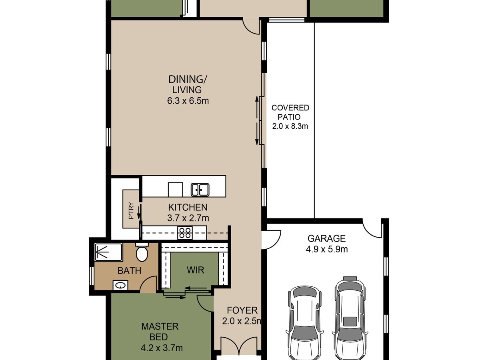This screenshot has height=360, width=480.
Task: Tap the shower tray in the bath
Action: pos(108,252)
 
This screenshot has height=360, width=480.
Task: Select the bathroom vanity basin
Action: pos(120,285)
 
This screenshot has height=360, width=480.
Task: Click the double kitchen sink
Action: pos(200,190)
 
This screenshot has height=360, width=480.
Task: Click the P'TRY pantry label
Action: pos(131,210)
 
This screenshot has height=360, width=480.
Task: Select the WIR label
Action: pos(195,270)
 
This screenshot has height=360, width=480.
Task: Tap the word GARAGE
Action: pos(326,238)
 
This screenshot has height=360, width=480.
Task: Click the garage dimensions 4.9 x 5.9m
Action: pos(326,249)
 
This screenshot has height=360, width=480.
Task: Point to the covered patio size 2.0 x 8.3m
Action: pos(290,126)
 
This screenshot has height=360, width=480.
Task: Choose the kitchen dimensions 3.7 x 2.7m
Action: pos(188,218)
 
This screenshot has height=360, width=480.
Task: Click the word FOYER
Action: pos(242,310)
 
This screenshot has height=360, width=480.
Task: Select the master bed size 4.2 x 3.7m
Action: pos(162,348)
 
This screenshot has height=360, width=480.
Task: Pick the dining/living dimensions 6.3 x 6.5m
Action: pos(188,101)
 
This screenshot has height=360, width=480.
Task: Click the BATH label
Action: pos(129,271)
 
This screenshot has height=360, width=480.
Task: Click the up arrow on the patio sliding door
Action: pos(257,109)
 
